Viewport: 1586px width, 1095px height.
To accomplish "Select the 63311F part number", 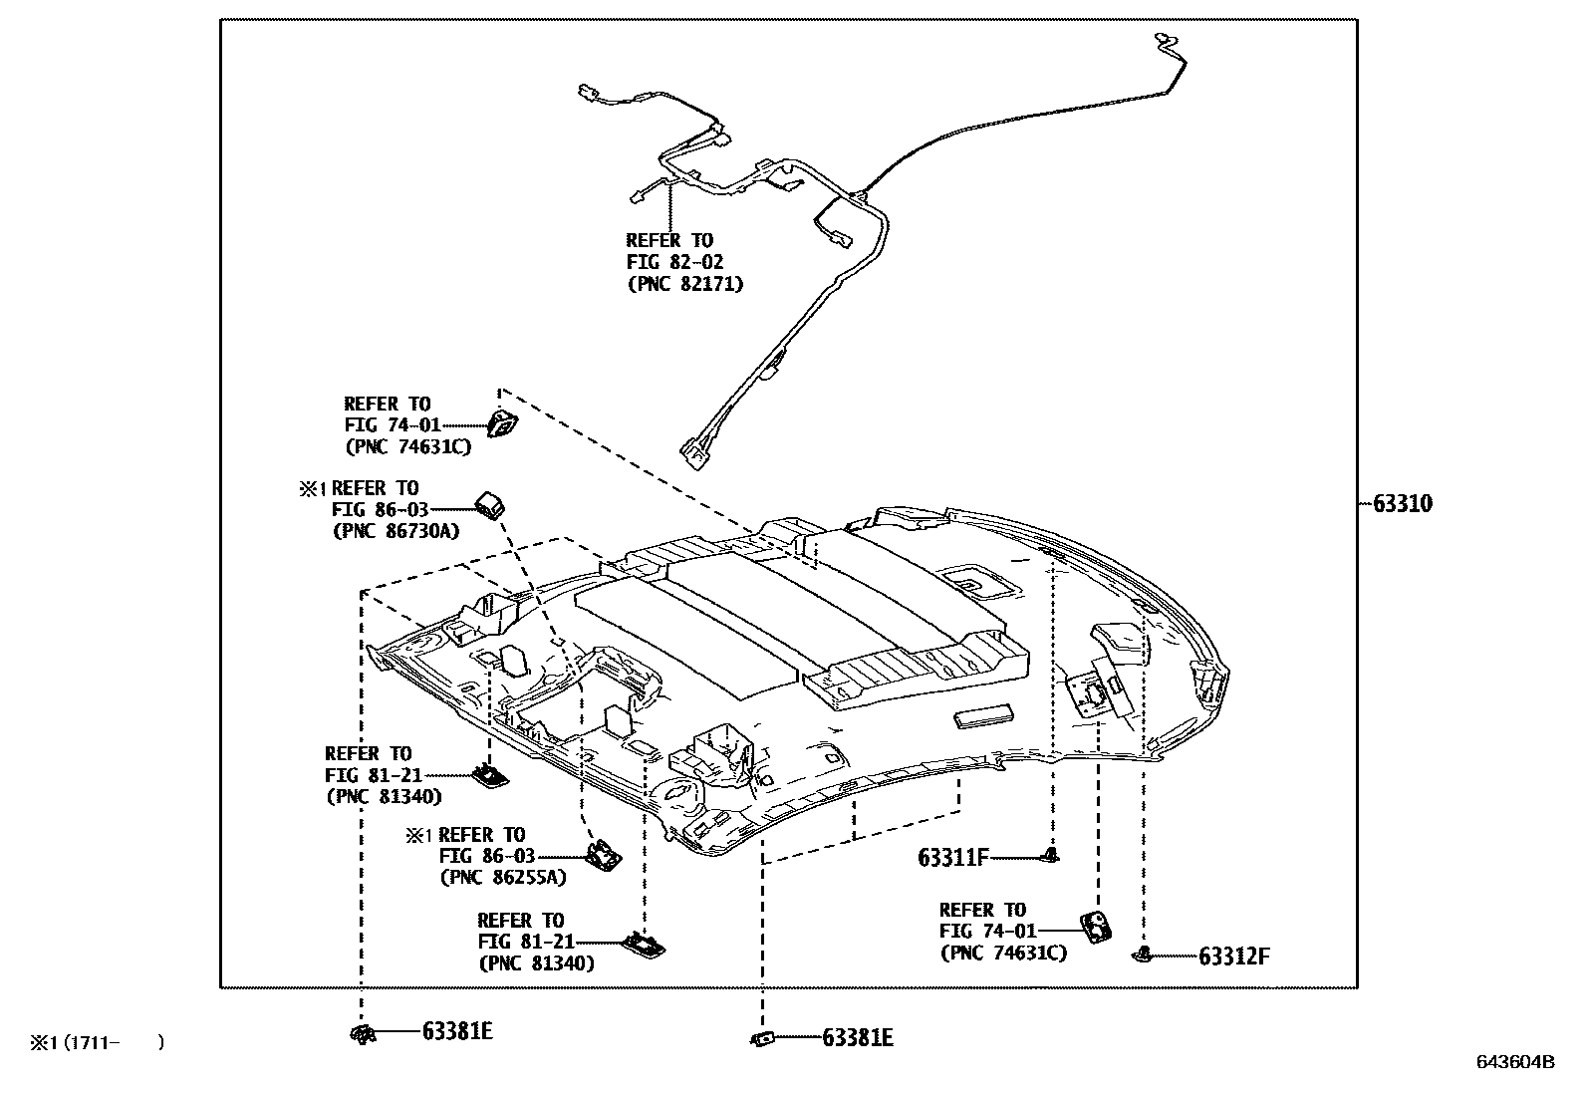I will click(953, 857).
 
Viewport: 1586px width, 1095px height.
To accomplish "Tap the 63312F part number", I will click(1234, 957).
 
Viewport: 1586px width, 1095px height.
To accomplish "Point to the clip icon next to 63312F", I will click(1143, 956).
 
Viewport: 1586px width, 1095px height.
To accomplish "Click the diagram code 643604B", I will click(1514, 1062).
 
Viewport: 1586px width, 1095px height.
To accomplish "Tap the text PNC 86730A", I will click(396, 531).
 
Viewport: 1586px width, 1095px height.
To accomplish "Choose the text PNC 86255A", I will click(502, 878).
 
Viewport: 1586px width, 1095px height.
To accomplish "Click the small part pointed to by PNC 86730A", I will click(488, 505).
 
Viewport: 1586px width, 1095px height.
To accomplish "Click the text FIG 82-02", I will click(674, 262).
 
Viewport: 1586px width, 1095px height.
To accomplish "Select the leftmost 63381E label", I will click(457, 1032).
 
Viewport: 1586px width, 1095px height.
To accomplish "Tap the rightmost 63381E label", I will click(857, 1039).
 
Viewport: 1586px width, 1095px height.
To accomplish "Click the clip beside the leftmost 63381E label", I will click(363, 1034).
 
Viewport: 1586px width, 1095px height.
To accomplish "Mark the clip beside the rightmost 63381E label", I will click(762, 1039).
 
